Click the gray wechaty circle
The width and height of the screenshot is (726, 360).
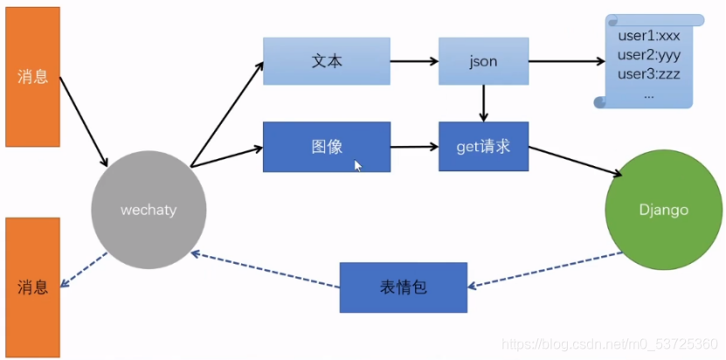[x=149, y=211]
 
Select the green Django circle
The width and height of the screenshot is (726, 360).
[x=664, y=210]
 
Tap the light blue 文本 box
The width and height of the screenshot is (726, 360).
[x=326, y=61]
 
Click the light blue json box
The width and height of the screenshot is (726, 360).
[x=483, y=61]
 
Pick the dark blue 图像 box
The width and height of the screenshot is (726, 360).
[x=326, y=146]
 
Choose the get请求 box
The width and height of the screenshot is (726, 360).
[x=483, y=146]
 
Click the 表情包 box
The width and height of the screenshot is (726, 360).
[x=403, y=287]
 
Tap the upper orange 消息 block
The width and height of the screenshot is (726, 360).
[x=33, y=77]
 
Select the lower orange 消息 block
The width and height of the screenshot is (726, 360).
[x=33, y=286]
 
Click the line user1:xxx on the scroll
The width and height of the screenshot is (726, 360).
[x=649, y=36]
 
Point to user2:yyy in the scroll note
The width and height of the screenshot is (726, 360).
[x=649, y=55]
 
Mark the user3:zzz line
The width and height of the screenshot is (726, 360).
[x=649, y=73]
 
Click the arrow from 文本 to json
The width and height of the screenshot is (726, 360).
[x=414, y=61]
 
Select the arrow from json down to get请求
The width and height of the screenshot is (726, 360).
[x=483, y=103]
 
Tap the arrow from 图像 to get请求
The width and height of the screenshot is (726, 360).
[x=414, y=146]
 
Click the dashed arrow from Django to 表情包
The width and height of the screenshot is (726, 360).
[x=546, y=270]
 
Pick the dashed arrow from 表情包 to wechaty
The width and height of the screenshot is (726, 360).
[x=266, y=271]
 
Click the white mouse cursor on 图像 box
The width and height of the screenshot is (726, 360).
[x=358, y=165]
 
